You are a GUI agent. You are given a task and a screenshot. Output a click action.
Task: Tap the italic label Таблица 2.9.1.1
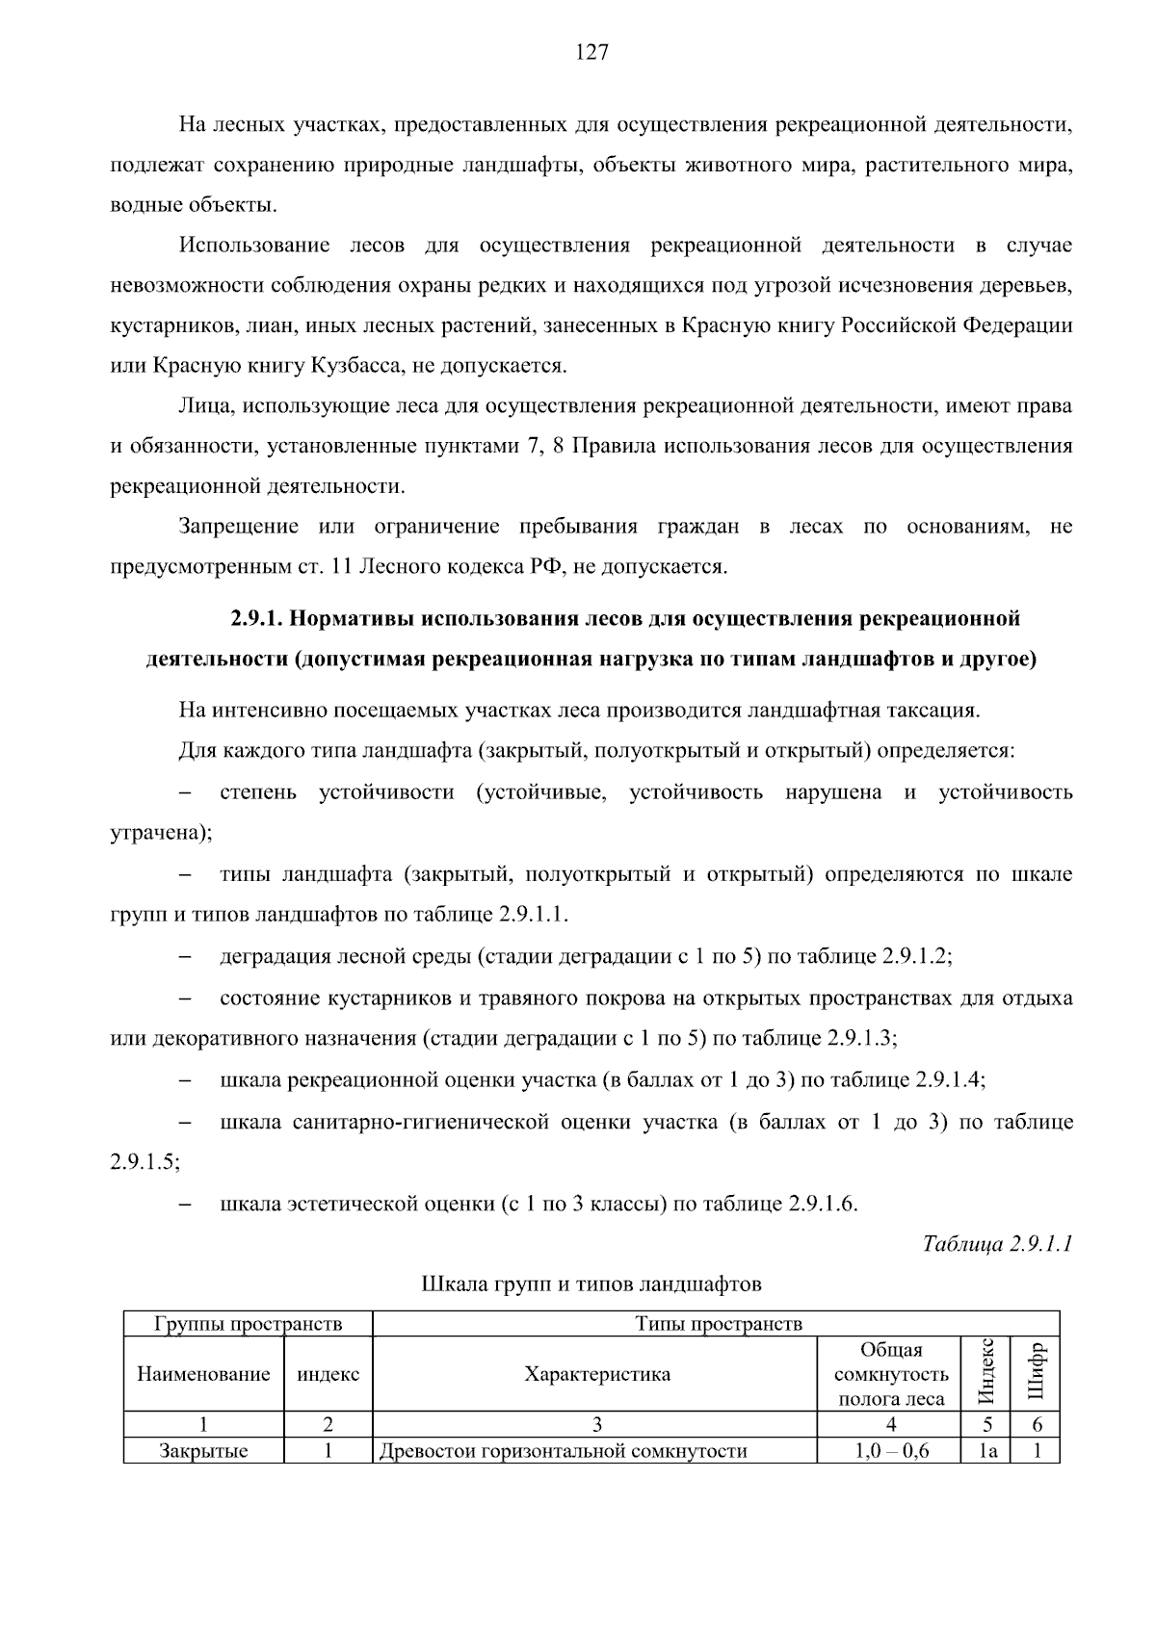pos(997,1243)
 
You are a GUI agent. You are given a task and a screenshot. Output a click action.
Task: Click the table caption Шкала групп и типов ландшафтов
pos(591,1284)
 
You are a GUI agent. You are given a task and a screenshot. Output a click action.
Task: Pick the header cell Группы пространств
pos(248,1324)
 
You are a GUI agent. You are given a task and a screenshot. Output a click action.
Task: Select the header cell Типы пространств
pos(718,1324)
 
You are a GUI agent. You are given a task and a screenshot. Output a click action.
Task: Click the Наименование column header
pos(203,1374)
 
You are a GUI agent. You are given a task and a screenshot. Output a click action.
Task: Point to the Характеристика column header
pos(596,1374)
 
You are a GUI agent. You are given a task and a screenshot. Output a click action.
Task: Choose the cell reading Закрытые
pos(203,1451)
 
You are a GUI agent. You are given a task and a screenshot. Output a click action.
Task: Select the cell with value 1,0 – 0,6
pos(891,1451)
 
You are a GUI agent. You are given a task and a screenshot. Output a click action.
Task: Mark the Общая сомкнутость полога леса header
pos(891,1374)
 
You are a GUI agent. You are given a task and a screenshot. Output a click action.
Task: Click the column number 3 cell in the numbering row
pos(596,1425)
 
